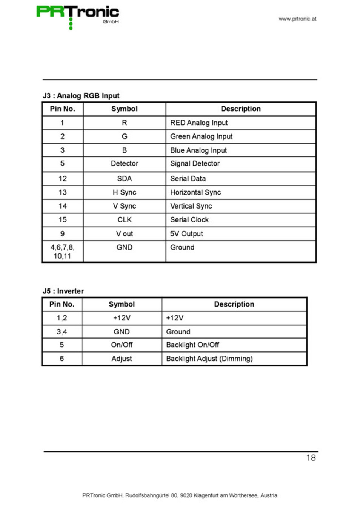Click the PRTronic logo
(77, 15)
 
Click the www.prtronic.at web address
(297, 19)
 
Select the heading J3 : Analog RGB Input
(81, 96)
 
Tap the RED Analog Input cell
(199, 123)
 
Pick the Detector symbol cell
(125, 164)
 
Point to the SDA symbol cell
(125, 179)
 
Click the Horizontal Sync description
(195, 192)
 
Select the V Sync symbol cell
(125, 206)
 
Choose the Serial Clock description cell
(189, 220)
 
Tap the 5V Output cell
(186, 234)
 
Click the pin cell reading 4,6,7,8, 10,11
(62, 251)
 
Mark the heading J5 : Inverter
(63, 291)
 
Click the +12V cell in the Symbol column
(122, 318)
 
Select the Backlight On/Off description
(192, 345)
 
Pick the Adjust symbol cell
(122, 359)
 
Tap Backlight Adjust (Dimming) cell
(209, 359)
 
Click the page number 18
(311, 458)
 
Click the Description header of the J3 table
(241, 109)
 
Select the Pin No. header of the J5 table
(62, 304)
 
